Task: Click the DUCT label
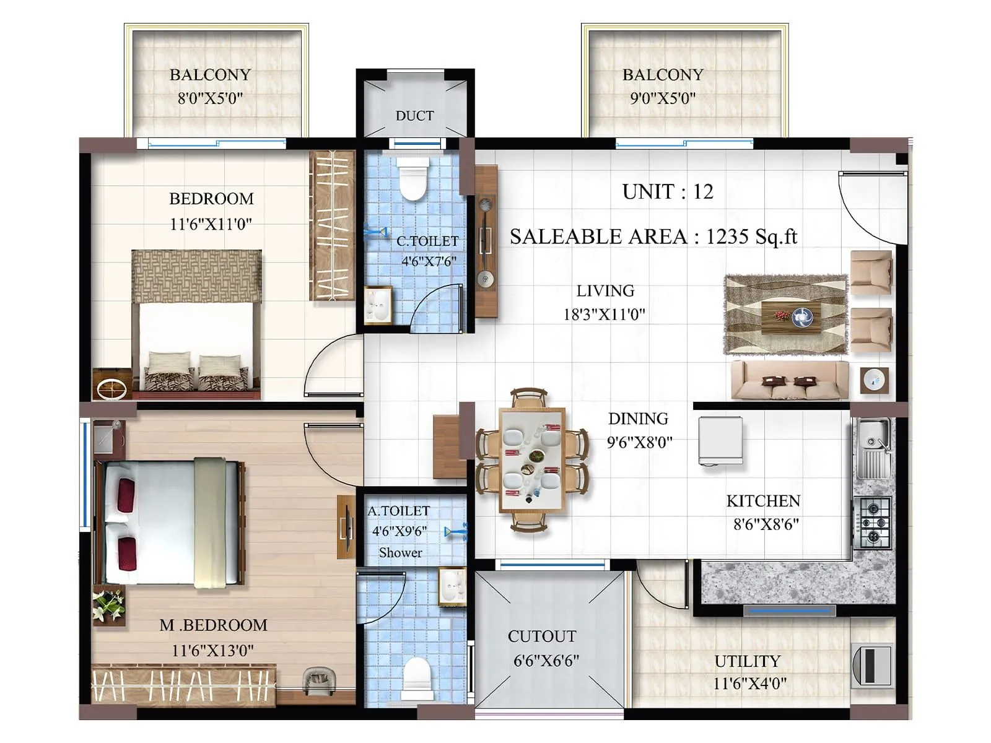(x=414, y=116)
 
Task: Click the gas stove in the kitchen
(x=873, y=521)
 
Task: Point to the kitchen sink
(x=873, y=446)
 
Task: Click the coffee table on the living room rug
(x=791, y=316)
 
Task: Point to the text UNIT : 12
(x=668, y=192)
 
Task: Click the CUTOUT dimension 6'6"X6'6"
(x=546, y=661)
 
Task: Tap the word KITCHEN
(x=763, y=501)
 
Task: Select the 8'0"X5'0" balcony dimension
(x=210, y=98)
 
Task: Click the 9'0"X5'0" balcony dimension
(x=663, y=98)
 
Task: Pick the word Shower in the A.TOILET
(x=401, y=552)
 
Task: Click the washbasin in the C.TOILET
(x=377, y=305)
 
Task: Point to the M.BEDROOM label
(x=213, y=625)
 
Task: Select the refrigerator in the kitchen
(x=720, y=440)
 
